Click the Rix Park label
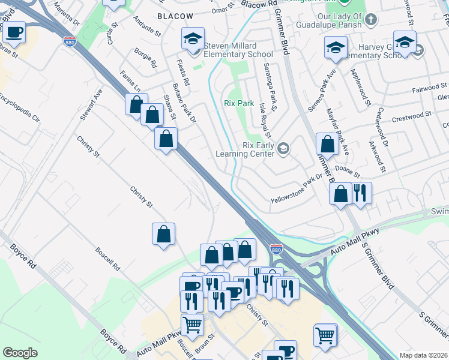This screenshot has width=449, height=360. click(x=239, y=103)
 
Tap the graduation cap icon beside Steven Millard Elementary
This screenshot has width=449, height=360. click(x=193, y=40)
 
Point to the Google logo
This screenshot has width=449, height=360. click(x=20, y=353)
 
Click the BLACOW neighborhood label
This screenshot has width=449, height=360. click(x=175, y=16)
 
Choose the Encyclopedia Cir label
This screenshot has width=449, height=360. click(x=19, y=109)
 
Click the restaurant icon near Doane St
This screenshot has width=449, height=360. click(x=360, y=193)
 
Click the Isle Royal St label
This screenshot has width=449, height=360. click(x=265, y=118)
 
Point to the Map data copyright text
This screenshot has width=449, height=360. click(x=423, y=355)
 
